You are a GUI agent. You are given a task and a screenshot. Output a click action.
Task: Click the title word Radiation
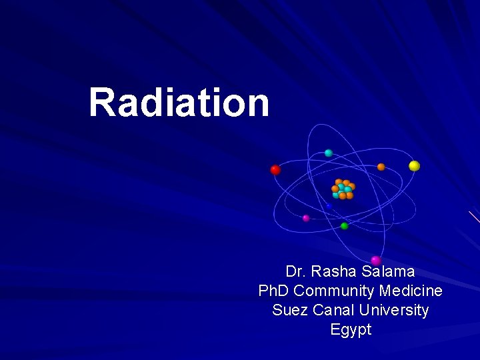(x=179, y=103)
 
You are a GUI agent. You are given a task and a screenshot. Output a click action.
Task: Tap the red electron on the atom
(x=275, y=170)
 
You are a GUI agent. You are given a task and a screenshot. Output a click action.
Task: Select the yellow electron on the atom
(x=414, y=166)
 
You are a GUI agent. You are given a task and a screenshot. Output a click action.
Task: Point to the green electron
(x=344, y=226)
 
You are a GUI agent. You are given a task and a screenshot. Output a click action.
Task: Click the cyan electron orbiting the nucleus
(x=328, y=153)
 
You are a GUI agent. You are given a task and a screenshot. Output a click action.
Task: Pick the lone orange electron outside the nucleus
(x=381, y=167)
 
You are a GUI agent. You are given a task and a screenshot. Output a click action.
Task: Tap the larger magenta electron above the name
(x=376, y=260)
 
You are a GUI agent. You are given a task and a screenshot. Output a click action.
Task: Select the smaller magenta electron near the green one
(x=306, y=218)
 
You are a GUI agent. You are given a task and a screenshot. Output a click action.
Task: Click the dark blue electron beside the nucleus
(x=329, y=206)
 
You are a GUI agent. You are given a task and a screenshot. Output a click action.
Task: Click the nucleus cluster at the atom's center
(x=343, y=189)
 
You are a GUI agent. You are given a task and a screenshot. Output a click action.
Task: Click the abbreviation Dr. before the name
(x=295, y=272)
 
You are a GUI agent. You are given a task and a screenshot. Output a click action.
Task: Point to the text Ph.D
(x=274, y=291)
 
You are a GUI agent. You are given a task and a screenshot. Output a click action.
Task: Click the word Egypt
(x=351, y=330)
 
